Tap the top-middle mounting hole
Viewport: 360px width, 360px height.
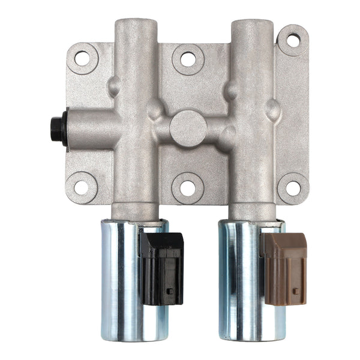188,59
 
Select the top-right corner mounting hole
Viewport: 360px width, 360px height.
293,41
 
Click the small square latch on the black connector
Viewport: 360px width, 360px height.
170,291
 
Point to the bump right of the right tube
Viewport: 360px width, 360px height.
273,109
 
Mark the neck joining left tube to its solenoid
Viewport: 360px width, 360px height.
135,211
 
